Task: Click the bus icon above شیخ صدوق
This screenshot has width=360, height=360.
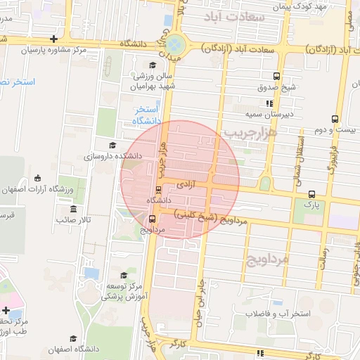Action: (277, 76)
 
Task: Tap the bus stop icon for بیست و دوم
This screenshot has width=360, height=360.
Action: (335, 118)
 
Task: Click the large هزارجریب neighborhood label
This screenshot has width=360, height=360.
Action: (250, 131)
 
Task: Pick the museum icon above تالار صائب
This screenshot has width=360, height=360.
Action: (74, 209)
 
